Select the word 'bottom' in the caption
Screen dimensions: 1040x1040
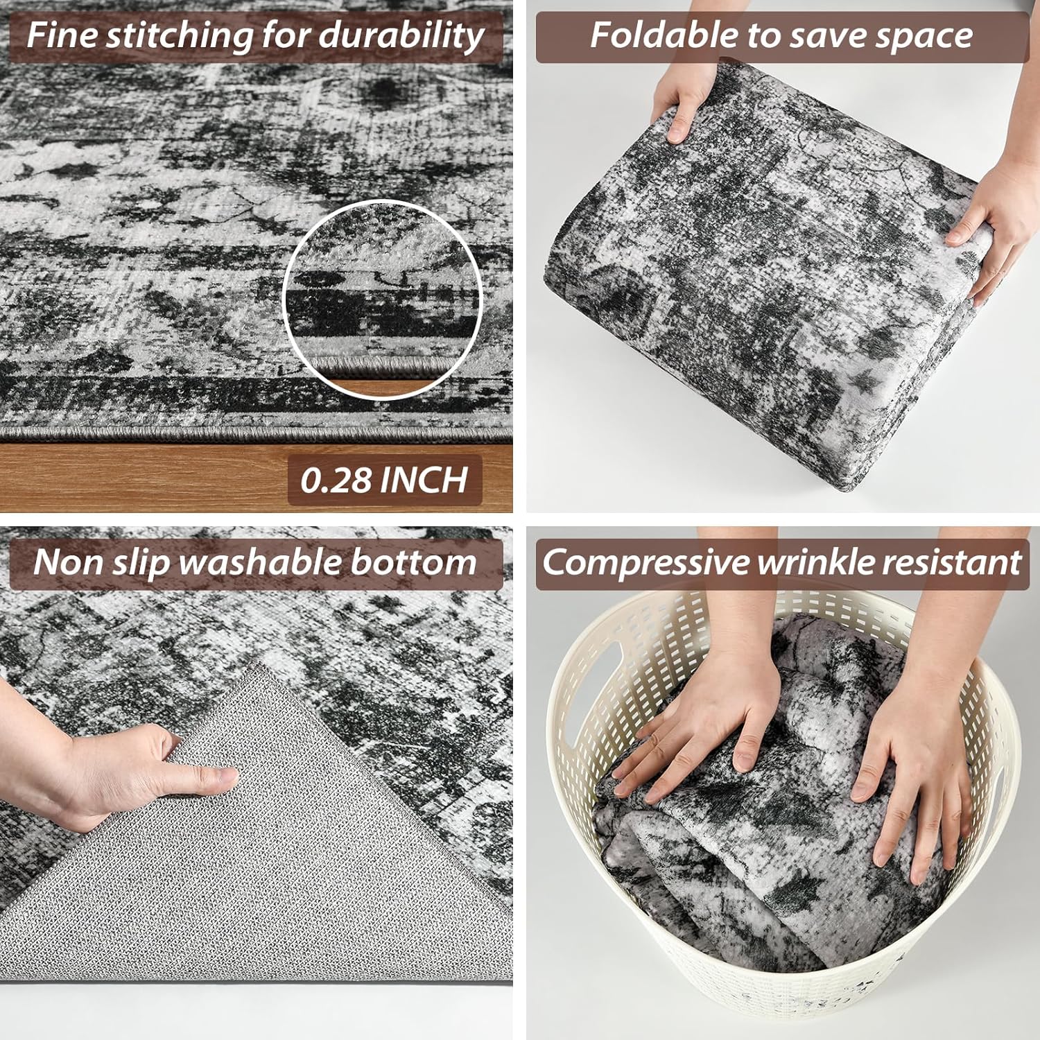pyautogui.click(x=414, y=562)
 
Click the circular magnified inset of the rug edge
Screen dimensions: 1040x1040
pyautogui.click(x=383, y=300)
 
